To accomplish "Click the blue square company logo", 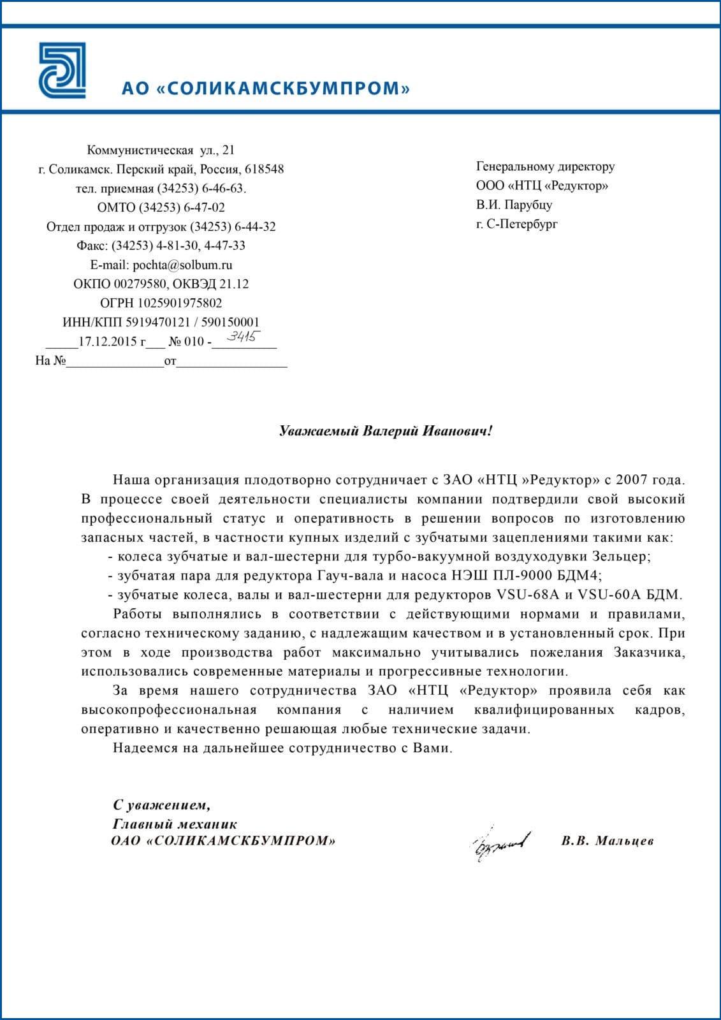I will (62, 71).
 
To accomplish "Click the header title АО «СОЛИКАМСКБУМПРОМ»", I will (266, 88).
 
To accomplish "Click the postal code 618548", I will (264, 170).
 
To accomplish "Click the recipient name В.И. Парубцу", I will (514, 205).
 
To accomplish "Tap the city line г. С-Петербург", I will (516, 224).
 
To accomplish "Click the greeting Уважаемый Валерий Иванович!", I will (386, 431).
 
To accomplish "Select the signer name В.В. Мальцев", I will (608, 841).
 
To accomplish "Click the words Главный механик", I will (174, 824).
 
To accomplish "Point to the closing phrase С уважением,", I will (161, 805).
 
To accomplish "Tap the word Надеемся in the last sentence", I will (145, 748).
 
